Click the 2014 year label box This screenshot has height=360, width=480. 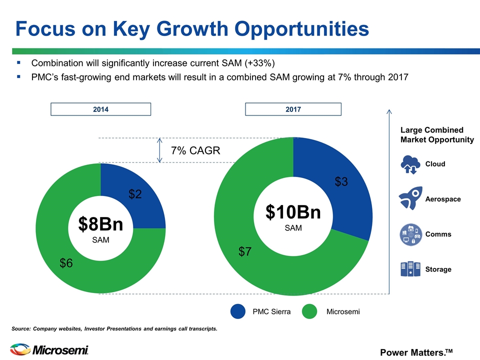100,109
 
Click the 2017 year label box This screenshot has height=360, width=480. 293,109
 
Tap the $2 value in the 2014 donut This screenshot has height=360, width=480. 135,194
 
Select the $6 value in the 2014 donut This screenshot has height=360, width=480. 66,263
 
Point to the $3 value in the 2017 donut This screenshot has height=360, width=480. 341,181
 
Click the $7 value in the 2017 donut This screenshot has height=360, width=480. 245,251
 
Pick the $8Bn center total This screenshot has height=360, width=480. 100,224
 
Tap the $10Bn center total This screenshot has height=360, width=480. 293,212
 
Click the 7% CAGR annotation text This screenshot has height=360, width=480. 195,150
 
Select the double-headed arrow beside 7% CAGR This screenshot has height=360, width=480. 159,150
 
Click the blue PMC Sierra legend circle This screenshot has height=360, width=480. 238,311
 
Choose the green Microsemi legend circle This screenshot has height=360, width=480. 309,311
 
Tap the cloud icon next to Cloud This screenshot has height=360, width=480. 410,164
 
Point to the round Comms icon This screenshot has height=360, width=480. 411,234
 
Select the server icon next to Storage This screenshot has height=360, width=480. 410,269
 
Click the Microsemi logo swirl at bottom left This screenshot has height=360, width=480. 20,349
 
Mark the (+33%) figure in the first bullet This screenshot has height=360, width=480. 259,63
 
